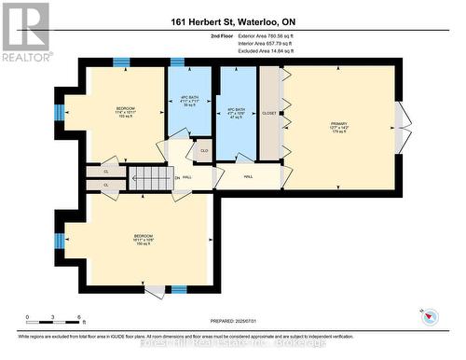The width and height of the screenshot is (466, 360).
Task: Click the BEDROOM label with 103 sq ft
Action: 126,114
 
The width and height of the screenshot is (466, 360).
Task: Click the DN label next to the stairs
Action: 177,177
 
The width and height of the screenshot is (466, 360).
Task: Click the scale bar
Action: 54,318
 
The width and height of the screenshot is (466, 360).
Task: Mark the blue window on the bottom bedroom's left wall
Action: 59,241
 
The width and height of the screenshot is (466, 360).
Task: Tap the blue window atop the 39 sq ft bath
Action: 176,62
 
